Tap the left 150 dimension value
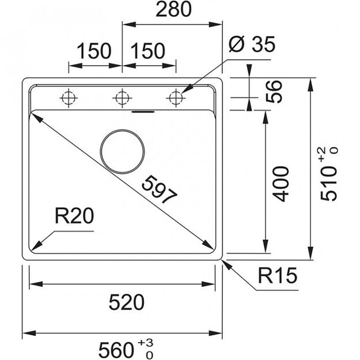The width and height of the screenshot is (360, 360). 94,51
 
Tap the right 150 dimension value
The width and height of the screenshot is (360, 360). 147,51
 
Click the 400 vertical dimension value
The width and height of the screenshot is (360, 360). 281,183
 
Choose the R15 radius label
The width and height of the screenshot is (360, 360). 277,278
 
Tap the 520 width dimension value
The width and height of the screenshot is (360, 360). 124,301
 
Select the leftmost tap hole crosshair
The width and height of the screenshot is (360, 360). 68,97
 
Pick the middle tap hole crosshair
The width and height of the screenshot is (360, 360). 121,97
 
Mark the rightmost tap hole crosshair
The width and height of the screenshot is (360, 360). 175,97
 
